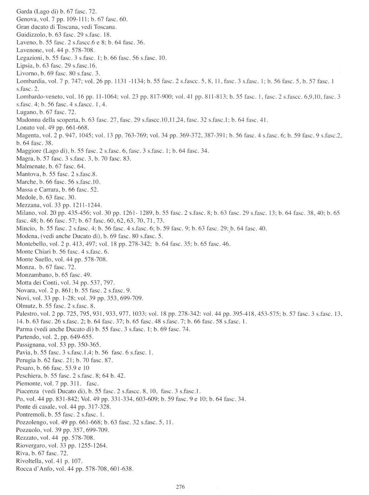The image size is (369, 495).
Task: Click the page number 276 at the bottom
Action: pos(180,487)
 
